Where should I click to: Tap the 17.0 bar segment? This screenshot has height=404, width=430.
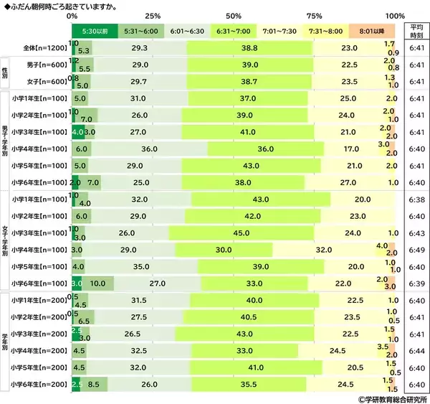pyautogui.click(x=351, y=148)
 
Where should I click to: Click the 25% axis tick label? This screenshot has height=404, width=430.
pyautogui.click(x=152, y=15)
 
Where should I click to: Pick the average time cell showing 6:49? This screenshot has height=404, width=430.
pyautogui.click(x=416, y=249)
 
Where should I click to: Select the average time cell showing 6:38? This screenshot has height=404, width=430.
pyautogui.click(x=416, y=199)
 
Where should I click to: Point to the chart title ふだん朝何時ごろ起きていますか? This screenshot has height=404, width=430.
pyautogui.click(x=60, y=5)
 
